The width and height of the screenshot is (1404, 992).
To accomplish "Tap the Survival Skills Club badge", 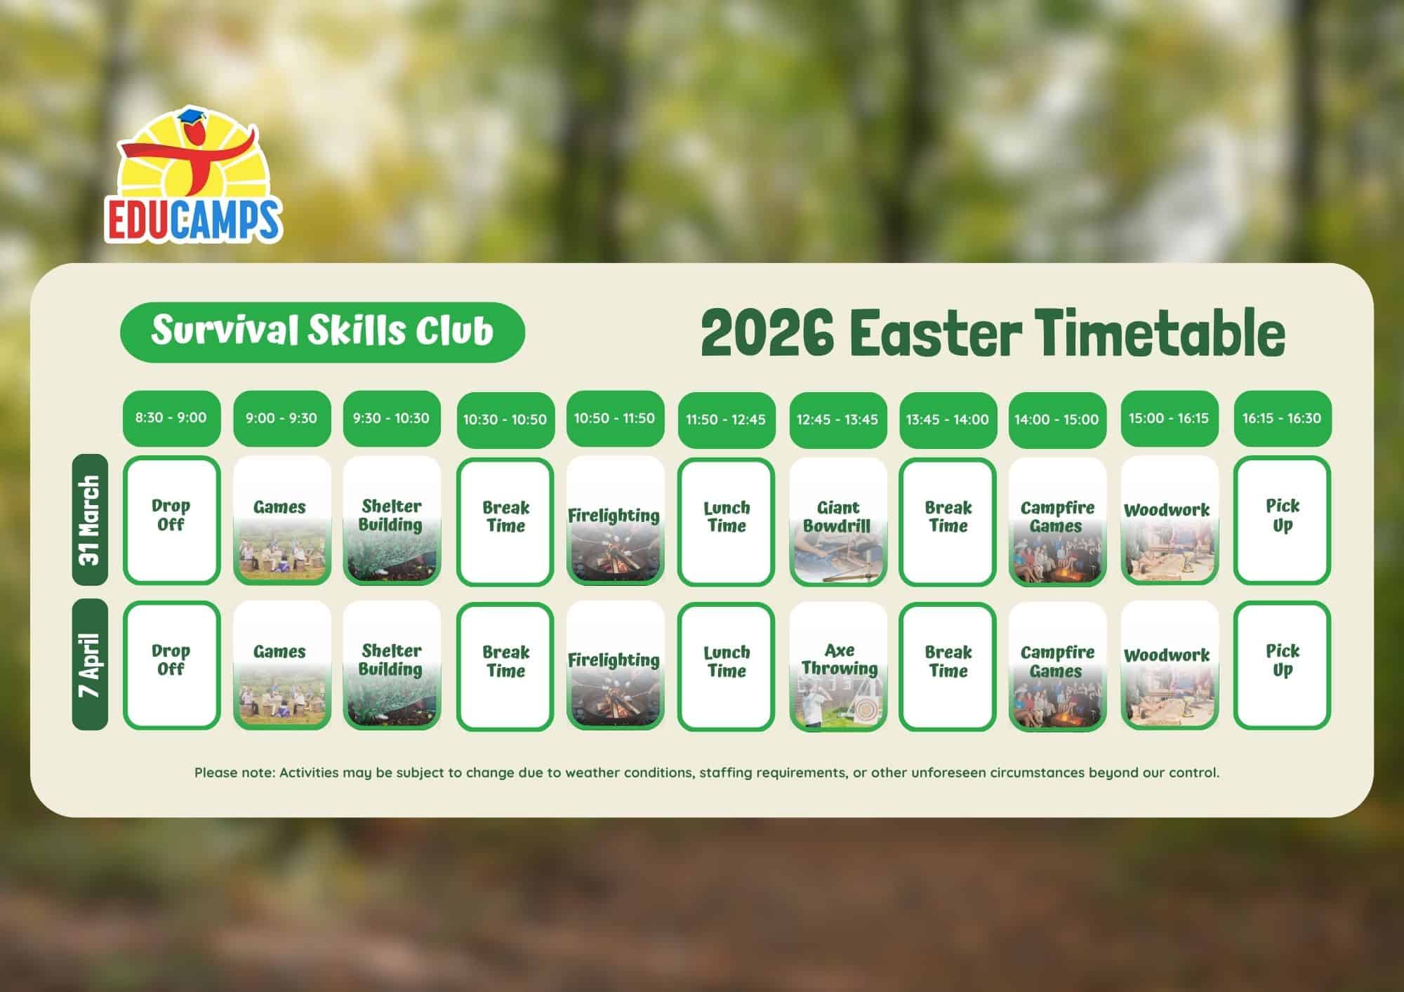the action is point(323,332).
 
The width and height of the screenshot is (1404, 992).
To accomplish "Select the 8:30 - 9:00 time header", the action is point(171,418).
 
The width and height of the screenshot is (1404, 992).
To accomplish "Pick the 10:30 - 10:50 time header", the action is point(505,420).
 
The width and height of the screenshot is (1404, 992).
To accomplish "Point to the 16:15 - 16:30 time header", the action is point(1282,418).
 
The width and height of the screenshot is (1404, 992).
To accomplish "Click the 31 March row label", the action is point(90,520).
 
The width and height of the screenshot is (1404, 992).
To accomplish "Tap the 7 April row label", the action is point(90,664).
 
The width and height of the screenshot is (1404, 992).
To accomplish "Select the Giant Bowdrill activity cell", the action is point(837,521).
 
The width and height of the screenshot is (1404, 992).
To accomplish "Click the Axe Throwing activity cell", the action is point(837,665).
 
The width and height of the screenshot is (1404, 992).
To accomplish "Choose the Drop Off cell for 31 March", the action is point(171,521).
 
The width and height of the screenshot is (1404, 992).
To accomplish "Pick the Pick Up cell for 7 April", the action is point(1282,665).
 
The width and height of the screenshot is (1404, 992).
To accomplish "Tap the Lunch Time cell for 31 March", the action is point(726,521).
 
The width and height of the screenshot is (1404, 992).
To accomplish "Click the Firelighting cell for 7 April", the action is point(615,665).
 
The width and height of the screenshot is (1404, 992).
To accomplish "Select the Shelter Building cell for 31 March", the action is point(392,521).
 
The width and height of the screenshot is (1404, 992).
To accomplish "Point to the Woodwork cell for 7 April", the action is point(1170,665).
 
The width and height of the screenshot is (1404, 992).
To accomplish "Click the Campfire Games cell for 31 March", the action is point(1057,521).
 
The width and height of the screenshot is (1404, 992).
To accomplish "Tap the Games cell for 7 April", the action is point(282,665).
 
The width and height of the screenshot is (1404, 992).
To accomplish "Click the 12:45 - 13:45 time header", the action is point(837,420).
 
